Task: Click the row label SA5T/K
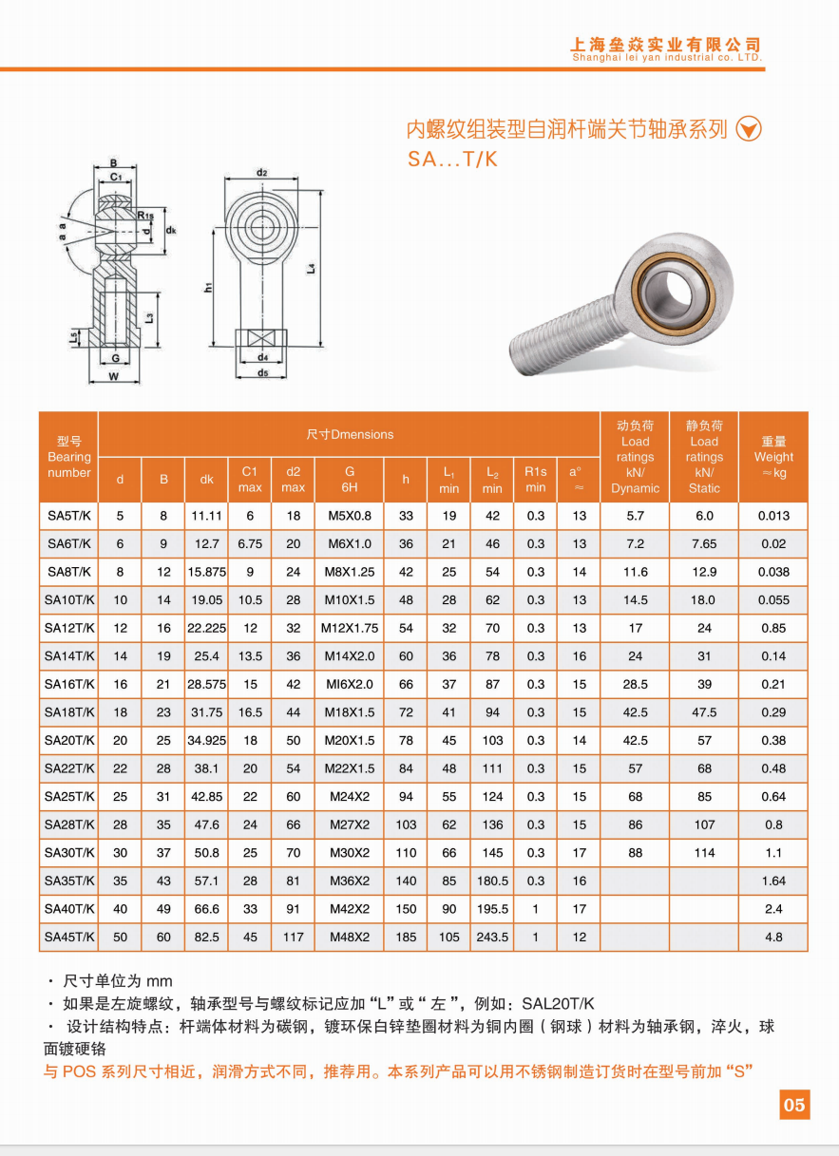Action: tap(68, 516)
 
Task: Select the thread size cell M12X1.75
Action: tap(350, 628)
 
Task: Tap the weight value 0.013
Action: tap(772, 516)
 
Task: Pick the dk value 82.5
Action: tap(206, 937)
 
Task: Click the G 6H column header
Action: tap(350, 480)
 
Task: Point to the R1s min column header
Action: tap(536, 480)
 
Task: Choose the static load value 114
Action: tap(704, 853)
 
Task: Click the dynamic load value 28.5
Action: tap(635, 684)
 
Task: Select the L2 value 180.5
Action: tap(492, 881)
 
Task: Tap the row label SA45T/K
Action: tap(68, 937)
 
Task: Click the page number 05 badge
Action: tap(794, 1104)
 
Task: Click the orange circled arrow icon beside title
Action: tap(750, 129)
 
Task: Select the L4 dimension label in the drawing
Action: tap(312, 269)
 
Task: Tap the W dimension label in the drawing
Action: tap(114, 376)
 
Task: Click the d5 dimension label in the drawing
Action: tap(262, 373)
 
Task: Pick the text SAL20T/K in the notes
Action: tap(558, 1003)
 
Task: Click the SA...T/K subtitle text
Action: tap(452, 160)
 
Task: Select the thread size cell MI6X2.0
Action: tap(350, 684)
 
